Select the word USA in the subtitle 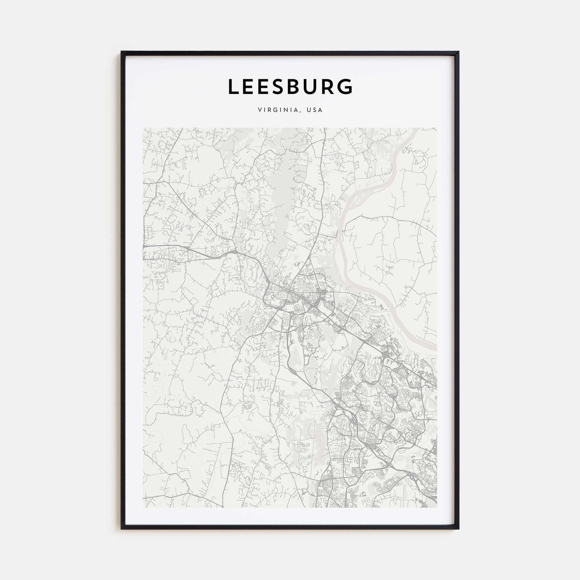[315, 110]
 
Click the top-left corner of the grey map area [144, 128]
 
